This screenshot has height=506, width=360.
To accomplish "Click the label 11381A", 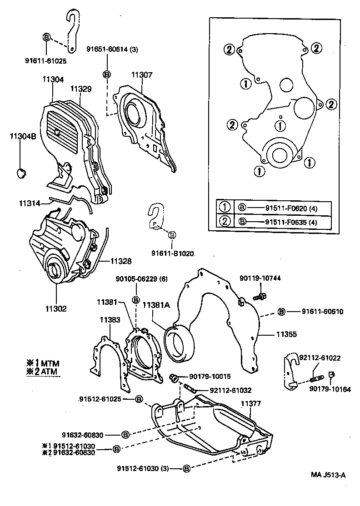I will (156, 306).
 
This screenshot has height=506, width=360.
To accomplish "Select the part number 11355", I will (287, 335).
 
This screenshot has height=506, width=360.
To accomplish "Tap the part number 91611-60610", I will (322, 312).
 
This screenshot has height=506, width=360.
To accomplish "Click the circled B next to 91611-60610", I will (281, 312).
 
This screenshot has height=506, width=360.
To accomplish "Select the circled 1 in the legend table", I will (225, 208).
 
